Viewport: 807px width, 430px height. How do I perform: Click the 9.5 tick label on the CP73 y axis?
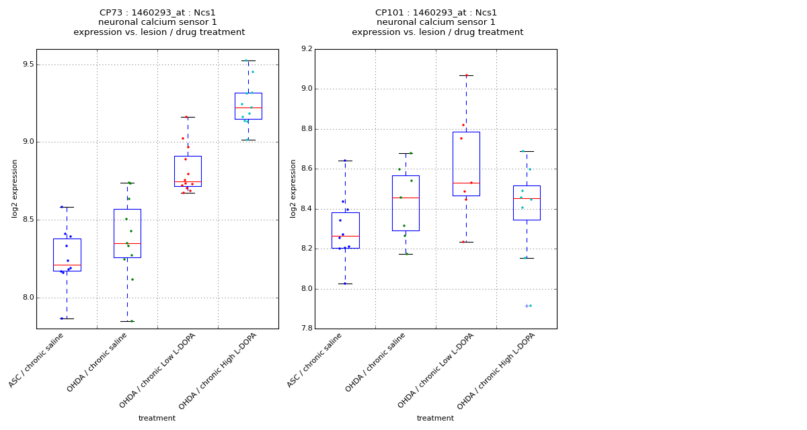tap(26, 64)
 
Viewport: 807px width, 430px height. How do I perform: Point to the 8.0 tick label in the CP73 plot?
tap(26, 298)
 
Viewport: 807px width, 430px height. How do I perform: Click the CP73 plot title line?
tap(157, 13)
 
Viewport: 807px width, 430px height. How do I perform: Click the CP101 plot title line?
tap(436, 13)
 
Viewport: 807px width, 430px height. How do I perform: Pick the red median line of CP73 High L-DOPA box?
tap(248, 107)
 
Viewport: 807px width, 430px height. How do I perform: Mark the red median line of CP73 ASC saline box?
tap(67, 265)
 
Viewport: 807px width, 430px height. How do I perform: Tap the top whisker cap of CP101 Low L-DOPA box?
tap(466, 75)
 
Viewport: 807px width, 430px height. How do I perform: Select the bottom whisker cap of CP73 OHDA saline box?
tap(127, 321)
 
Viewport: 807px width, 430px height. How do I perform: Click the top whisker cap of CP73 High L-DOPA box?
tap(248, 60)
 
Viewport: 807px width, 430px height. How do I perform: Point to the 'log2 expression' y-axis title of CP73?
tap(15, 188)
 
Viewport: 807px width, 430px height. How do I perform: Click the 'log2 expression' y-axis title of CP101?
tap(293, 188)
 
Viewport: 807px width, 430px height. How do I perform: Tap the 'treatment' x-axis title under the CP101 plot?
tap(435, 418)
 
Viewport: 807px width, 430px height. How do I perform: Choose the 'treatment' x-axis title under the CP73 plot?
tap(157, 418)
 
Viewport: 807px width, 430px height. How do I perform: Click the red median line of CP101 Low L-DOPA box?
tap(466, 183)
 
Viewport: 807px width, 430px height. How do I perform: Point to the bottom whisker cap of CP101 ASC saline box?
tap(345, 284)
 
